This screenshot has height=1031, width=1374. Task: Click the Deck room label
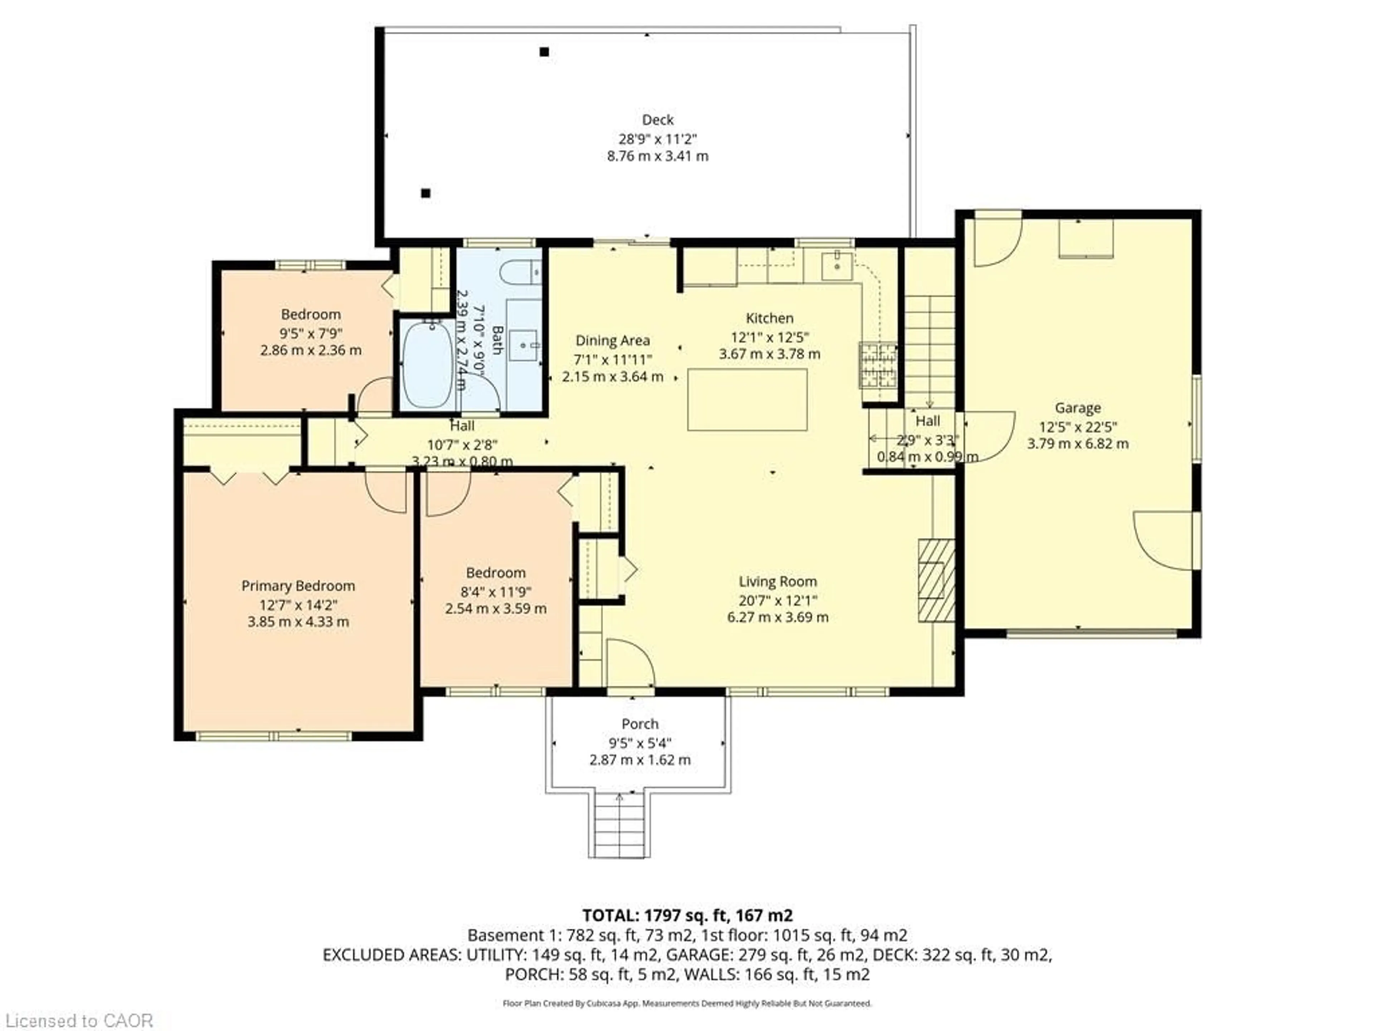pyautogui.click(x=657, y=119)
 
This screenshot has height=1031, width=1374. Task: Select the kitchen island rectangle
pyautogui.click(x=747, y=400)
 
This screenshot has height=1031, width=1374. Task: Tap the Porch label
pyautogui.click(x=640, y=724)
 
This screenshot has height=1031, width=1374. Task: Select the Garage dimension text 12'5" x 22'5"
pyautogui.click(x=1078, y=426)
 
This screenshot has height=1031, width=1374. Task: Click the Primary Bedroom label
pyautogui.click(x=298, y=586)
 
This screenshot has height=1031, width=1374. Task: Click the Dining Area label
pyautogui.click(x=613, y=340)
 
